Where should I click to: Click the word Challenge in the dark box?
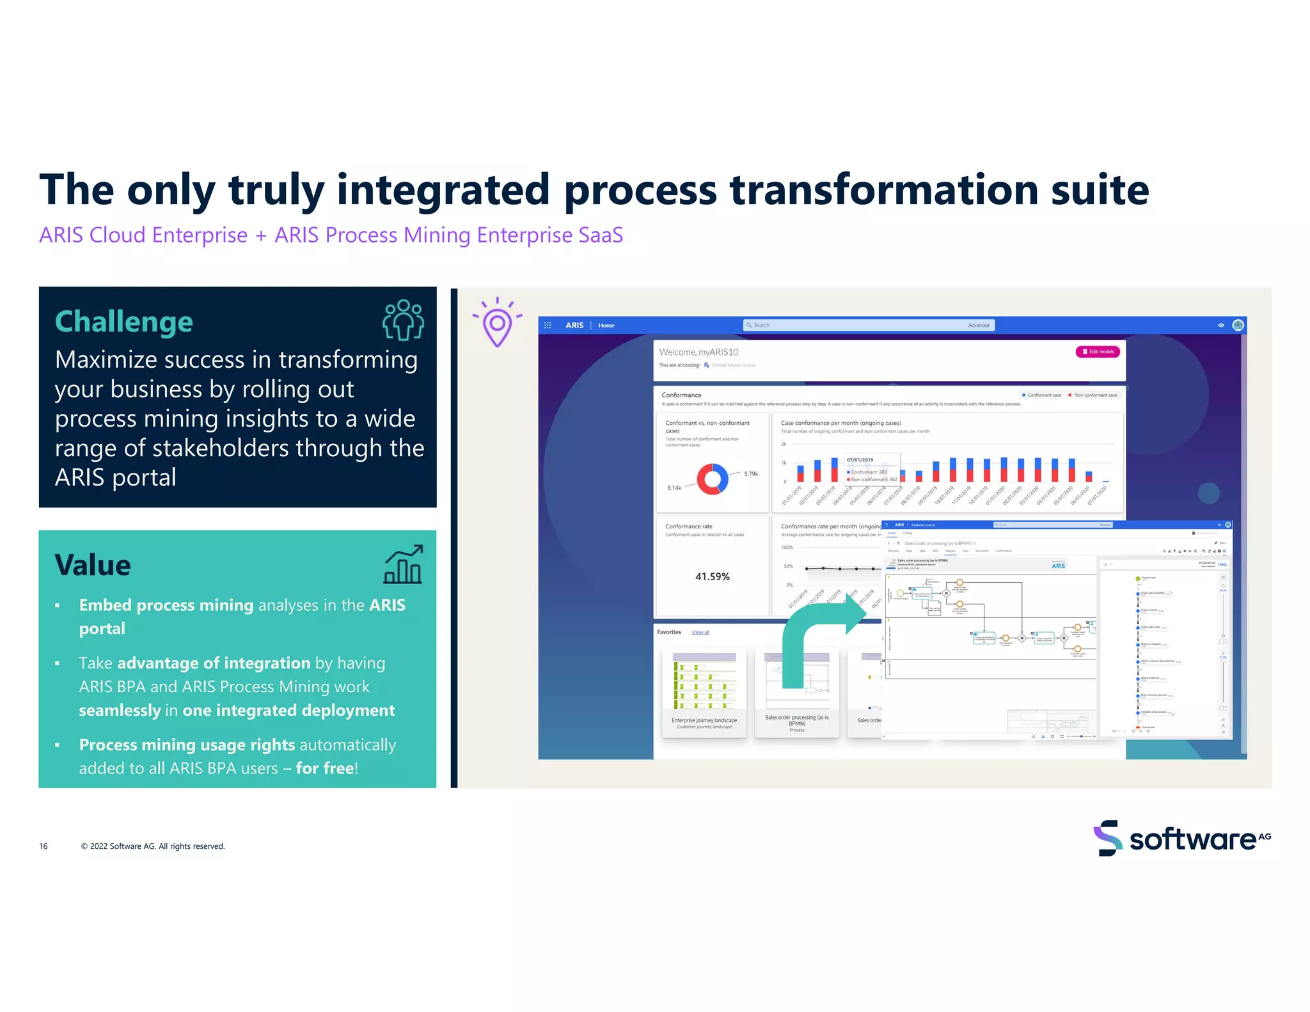click(123, 322)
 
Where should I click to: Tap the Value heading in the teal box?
click(93, 565)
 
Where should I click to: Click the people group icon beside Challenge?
click(403, 320)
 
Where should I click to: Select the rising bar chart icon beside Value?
click(403, 564)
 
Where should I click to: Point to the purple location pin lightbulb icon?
click(497, 324)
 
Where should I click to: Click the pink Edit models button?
click(1098, 352)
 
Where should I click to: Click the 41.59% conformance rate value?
click(712, 576)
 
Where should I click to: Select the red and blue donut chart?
click(712, 479)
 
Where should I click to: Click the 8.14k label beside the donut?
click(674, 488)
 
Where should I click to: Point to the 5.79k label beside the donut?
click(751, 474)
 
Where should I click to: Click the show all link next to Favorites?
click(700, 632)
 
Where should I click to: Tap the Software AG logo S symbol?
click(1108, 838)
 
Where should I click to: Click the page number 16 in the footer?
click(43, 846)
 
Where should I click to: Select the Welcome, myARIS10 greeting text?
click(698, 352)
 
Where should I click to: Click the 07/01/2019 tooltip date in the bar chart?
click(860, 460)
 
